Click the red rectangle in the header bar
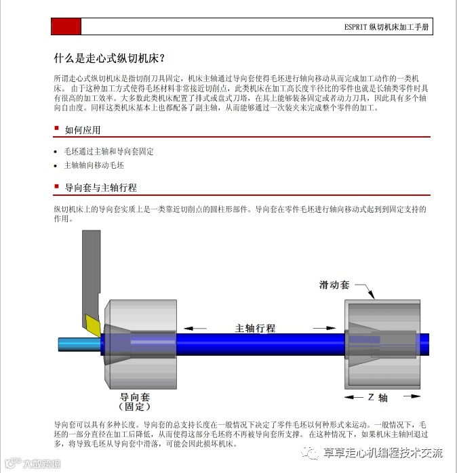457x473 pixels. [66, 26]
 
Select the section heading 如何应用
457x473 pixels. [82, 129]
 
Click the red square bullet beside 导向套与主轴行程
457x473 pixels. [57, 186]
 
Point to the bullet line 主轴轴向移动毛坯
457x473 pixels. [94, 165]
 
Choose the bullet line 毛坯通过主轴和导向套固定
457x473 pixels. [108, 152]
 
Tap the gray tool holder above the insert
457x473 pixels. [90, 271]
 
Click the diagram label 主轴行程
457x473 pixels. [255, 328]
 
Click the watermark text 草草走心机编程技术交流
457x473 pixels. [382, 453]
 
